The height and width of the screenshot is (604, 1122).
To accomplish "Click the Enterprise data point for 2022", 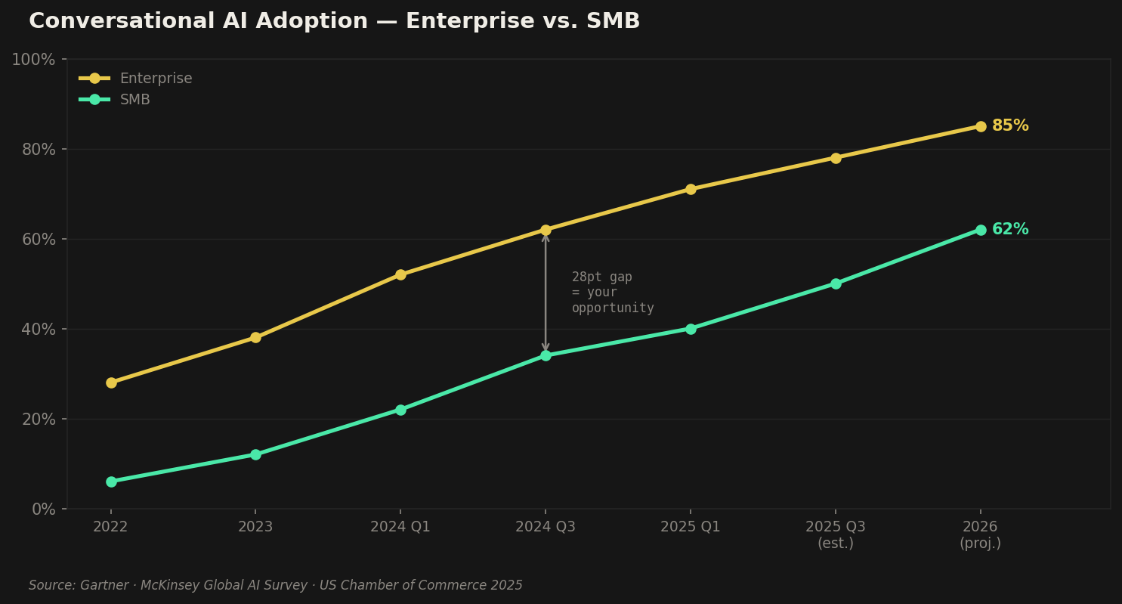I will pos(111,383).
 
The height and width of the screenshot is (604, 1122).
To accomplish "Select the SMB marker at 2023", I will pos(255,454).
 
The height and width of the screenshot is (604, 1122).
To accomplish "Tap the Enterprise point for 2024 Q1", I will pos(400,274).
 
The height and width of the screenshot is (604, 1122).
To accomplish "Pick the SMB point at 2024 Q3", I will pos(546,355).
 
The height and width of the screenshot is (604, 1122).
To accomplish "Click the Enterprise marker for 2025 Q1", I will pos(691,189).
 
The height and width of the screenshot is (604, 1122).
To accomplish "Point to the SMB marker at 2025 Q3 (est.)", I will pos(836,283).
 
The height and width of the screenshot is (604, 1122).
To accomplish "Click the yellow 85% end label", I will pos(1010,126).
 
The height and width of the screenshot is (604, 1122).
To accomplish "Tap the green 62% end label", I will pos(1010,230).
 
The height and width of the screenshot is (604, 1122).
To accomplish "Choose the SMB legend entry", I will pos(134,100).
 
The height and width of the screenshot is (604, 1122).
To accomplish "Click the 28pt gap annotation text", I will pos(612,293).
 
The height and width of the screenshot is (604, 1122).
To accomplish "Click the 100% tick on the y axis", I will pos(33,60).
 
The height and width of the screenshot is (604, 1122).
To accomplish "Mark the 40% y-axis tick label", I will pos(39,330).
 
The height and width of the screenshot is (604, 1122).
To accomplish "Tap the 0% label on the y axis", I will pos(43,510).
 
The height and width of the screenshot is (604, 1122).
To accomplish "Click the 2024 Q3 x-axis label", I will pos(546,527).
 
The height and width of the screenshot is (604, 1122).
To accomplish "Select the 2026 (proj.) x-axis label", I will pos(980,534).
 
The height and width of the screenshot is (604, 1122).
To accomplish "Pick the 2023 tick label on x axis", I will pos(255,527).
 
